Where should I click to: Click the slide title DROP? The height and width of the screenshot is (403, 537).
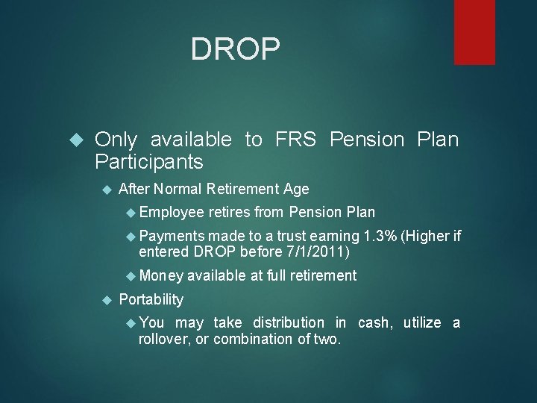pos(236,49)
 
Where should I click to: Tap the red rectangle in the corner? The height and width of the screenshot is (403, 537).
pos(485,31)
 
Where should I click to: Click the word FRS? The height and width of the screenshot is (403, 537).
pos(297,140)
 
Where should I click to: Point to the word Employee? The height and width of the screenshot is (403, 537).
pos(172,212)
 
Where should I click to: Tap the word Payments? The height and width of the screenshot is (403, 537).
pos(173,237)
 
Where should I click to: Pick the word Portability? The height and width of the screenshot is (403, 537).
pos(151,299)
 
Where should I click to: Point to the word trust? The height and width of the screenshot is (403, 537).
pos(290,237)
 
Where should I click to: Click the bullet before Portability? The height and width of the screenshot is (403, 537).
pos(105,300)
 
